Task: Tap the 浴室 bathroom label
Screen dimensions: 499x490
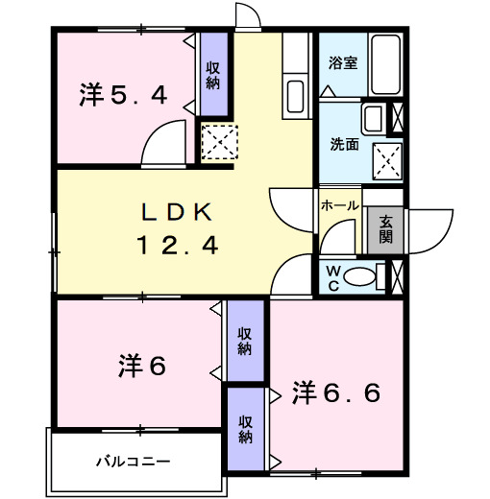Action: [x=343, y=64]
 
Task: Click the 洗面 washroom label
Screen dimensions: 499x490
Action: [x=344, y=145]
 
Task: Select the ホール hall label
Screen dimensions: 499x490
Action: [x=340, y=205]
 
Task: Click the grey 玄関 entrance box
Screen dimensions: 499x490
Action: [x=385, y=230]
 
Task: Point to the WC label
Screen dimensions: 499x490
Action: [x=334, y=276]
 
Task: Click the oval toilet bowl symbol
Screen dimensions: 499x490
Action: [x=360, y=277]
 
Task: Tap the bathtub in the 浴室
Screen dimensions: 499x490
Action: [x=387, y=64]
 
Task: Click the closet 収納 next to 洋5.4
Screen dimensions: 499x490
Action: [x=213, y=75]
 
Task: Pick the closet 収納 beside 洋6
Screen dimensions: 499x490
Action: [x=246, y=341]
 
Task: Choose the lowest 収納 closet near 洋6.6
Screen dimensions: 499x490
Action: [x=246, y=429]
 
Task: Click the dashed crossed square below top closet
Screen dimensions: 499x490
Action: [x=218, y=142]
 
